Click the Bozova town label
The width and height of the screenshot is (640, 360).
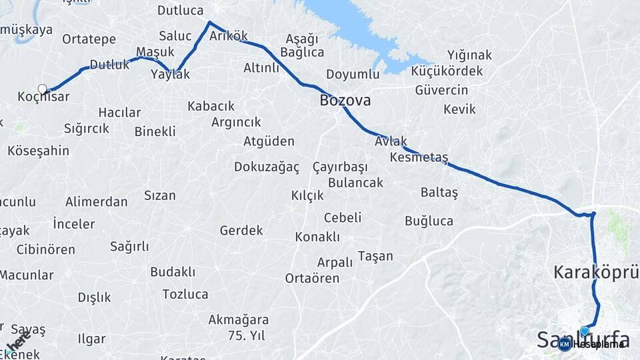(x=345, y=101)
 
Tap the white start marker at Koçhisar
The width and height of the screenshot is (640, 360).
(x=43, y=89)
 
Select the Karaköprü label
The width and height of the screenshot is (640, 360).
(x=596, y=272)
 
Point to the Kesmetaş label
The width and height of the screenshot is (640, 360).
(x=419, y=157)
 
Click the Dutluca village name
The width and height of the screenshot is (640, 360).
(x=180, y=10)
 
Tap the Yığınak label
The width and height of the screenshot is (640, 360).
(x=469, y=55)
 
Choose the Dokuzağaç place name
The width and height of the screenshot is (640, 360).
(x=267, y=167)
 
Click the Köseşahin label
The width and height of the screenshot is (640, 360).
(x=38, y=151)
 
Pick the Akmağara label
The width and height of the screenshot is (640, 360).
(x=238, y=319)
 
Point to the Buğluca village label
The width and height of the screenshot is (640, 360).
(x=429, y=221)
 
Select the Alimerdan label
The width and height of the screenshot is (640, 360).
(x=96, y=201)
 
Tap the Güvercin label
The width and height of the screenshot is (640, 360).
(x=441, y=90)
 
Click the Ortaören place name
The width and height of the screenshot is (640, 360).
(x=312, y=278)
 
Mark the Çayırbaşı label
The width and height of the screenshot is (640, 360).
(x=340, y=167)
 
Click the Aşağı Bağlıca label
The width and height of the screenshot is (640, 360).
(x=302, y=45)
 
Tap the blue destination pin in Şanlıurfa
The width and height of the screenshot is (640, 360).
(x=585, y=331)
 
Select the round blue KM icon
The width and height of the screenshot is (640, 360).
(x=565, y=344)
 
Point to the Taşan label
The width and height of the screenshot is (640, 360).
(x=375, y=256)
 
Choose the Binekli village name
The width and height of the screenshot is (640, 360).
(x=155, y=131)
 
